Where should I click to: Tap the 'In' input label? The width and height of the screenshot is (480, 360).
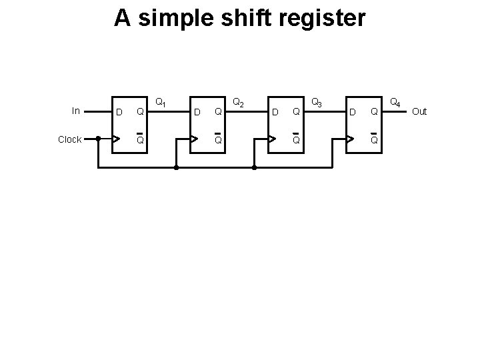(75, 111)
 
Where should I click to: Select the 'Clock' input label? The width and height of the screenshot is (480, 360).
(69, 139)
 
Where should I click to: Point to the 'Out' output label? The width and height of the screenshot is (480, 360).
(419, 111)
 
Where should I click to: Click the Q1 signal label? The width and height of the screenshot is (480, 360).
(161, 103)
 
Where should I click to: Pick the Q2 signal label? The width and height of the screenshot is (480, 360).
(238, 103)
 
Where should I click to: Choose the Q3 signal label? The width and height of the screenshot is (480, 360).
(317, 103)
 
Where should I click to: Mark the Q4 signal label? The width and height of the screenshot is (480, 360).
(395, 103)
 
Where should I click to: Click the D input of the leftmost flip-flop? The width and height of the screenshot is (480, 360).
(119, 111)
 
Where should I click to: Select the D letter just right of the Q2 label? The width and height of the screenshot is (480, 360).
(274, 111)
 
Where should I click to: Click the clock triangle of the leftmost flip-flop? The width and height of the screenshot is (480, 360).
(117, 139)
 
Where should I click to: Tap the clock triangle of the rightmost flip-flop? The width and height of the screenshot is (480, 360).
(351, 139)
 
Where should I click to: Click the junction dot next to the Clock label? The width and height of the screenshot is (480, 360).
(98, 139)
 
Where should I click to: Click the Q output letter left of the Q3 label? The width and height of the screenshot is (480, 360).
(296, 111)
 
